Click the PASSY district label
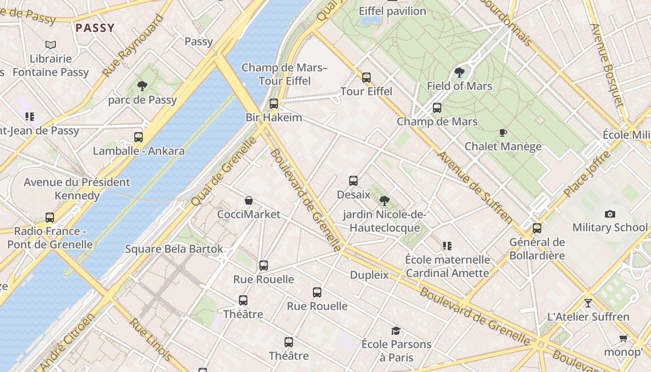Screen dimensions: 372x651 click(x=95, y=28)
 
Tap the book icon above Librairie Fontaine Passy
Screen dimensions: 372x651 click(x=51, y=45)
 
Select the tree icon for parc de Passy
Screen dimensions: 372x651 click(x=142, y=86)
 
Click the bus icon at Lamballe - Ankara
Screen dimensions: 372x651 click(x=139, y=137)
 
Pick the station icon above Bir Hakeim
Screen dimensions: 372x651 click(x=274, y=103)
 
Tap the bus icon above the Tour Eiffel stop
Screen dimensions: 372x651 click(x=366, y=77)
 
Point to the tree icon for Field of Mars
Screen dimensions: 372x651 click(x=459, y=72)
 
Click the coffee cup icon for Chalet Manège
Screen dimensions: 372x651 click(x=503, y=133)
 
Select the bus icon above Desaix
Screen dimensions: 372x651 click(x=353, y=180)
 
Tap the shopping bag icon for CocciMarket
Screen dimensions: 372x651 click(x=249, y=200)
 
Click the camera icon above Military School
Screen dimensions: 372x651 click(x=610, y=214)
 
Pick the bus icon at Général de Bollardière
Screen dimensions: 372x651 click(x=537, y=228)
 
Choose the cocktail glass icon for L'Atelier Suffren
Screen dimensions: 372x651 click(x=588, y=303)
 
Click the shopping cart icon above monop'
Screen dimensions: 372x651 click(x=623, y=338)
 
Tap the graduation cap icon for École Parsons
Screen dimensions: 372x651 click(x=396, y=331)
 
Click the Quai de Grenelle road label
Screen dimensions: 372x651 click(x=224, y=171)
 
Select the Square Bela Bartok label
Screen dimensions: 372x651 click(x=174, y=249)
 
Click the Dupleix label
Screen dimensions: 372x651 click(x=369, y=275)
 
